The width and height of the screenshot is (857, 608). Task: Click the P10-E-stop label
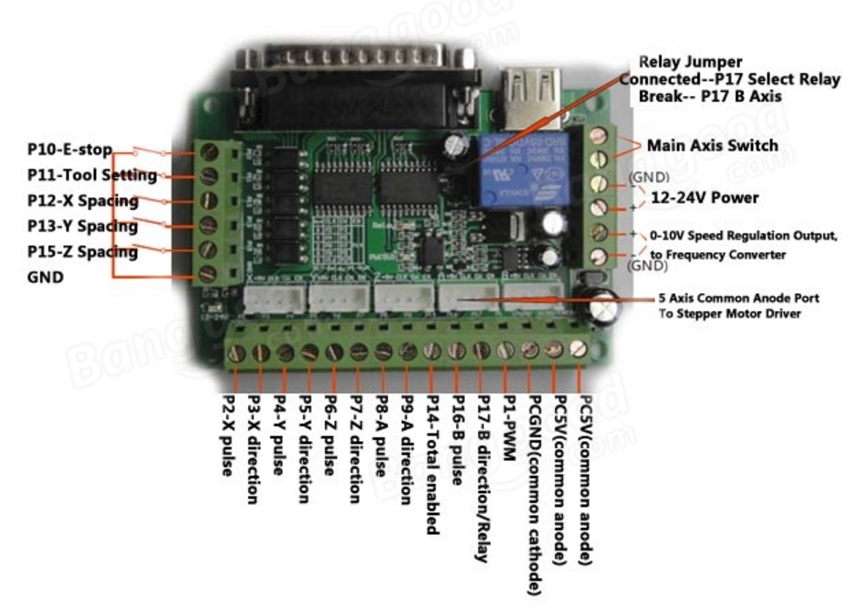[x=69, y=149]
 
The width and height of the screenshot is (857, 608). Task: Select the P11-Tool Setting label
[x=91, y=174]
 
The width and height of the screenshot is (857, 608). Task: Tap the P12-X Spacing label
[x=82, y=201]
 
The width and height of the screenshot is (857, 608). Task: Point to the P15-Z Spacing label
[x=82, y=252]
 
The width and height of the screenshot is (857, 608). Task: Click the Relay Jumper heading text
[x=690, y=63]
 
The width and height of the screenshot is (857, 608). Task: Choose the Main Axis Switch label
[x=712, y=145]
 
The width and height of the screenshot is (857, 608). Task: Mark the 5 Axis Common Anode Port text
[x=738, y=299]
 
